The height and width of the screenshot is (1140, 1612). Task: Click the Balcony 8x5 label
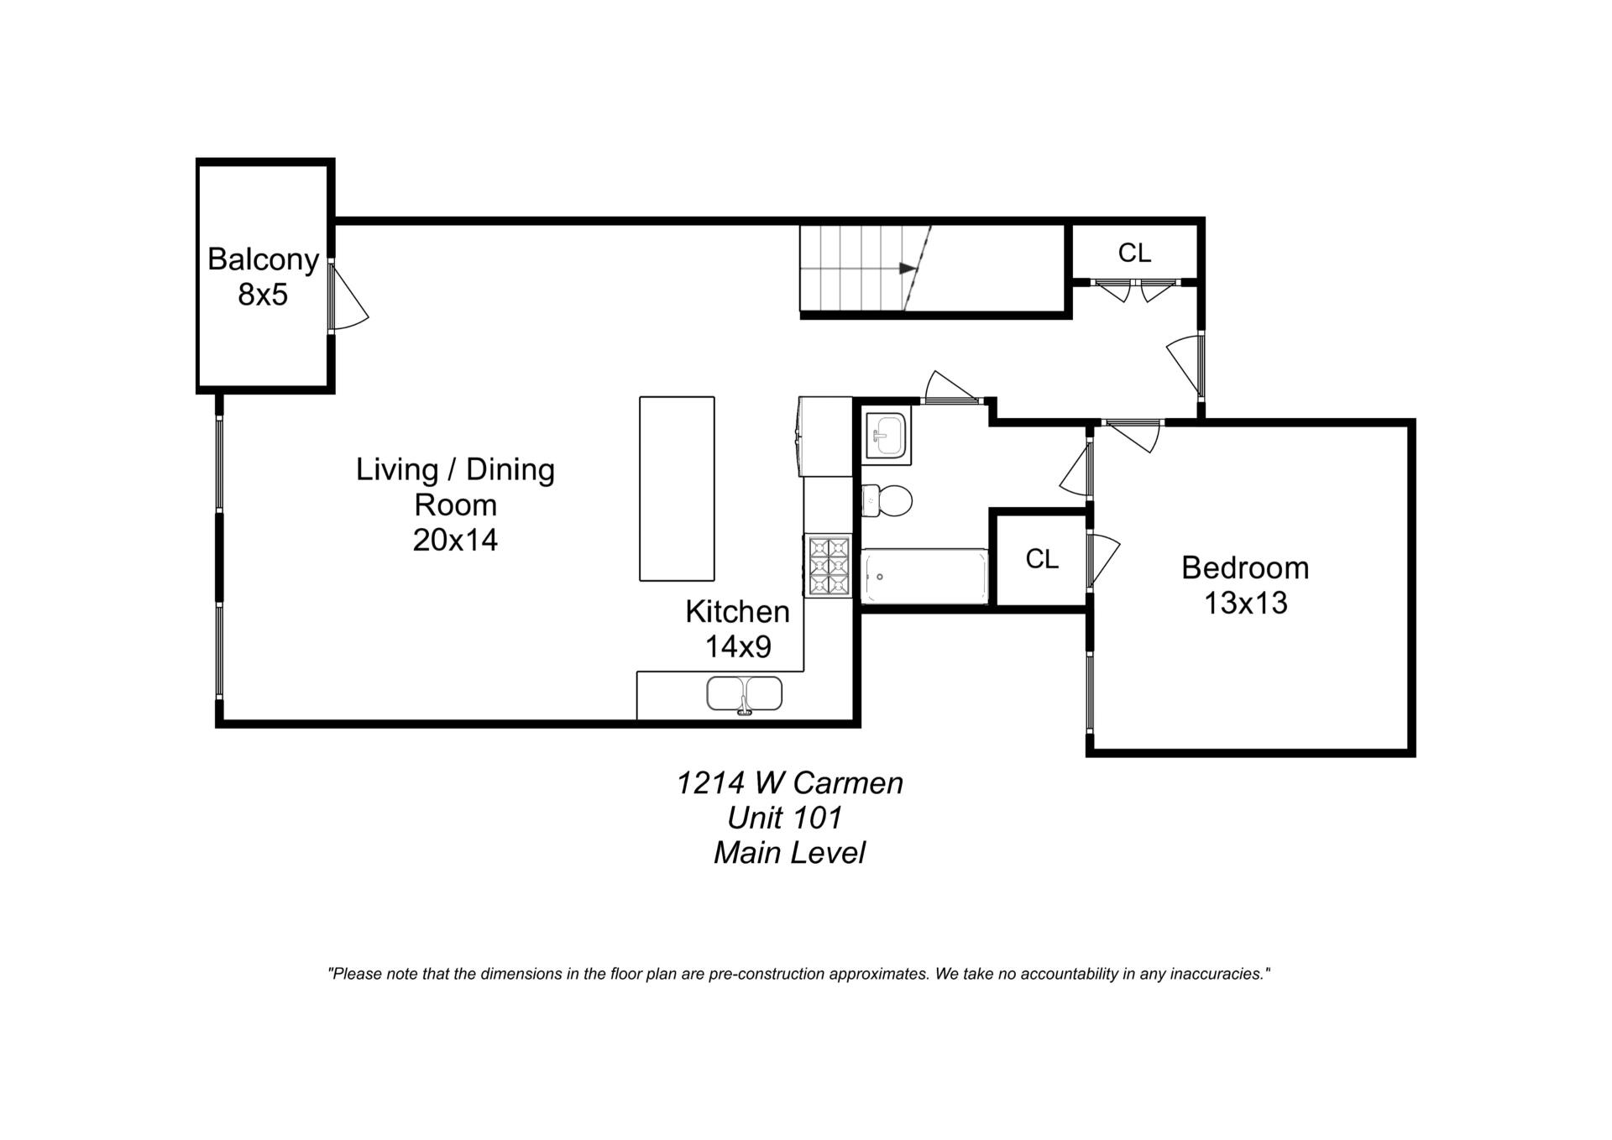point(263,276)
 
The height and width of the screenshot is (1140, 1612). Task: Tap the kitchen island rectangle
point(677,489)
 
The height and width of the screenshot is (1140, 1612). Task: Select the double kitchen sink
point(744,694)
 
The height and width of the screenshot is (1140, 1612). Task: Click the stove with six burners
point(828,566)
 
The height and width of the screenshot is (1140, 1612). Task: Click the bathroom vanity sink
point(886,437)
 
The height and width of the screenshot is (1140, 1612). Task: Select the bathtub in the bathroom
point(924,576)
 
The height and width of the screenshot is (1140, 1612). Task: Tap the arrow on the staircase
point(907,269)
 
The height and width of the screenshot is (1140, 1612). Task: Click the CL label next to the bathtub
point(1042,559)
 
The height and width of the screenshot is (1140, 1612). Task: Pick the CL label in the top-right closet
point(1134,253)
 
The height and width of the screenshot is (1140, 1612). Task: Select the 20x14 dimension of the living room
point(455,540)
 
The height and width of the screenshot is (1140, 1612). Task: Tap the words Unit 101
point(784,818)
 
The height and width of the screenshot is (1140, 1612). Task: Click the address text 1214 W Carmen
point(789,782)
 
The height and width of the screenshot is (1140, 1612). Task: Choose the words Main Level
point(788,853)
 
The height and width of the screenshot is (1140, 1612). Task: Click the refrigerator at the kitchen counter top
point(825,437)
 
